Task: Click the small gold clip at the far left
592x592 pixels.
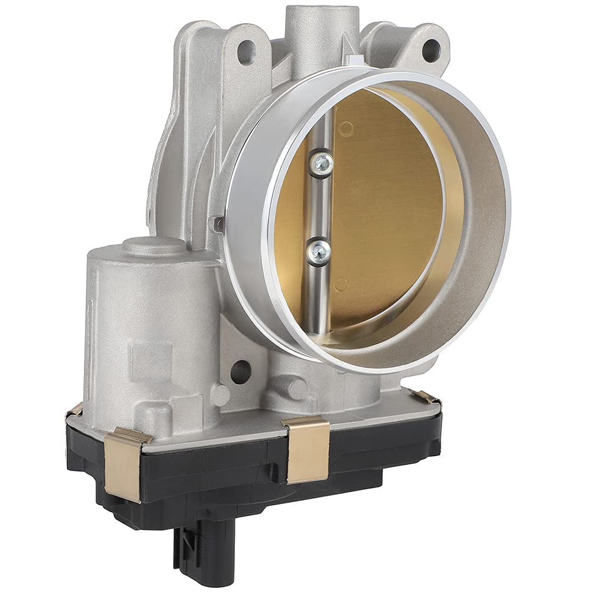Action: click(75, 409)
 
